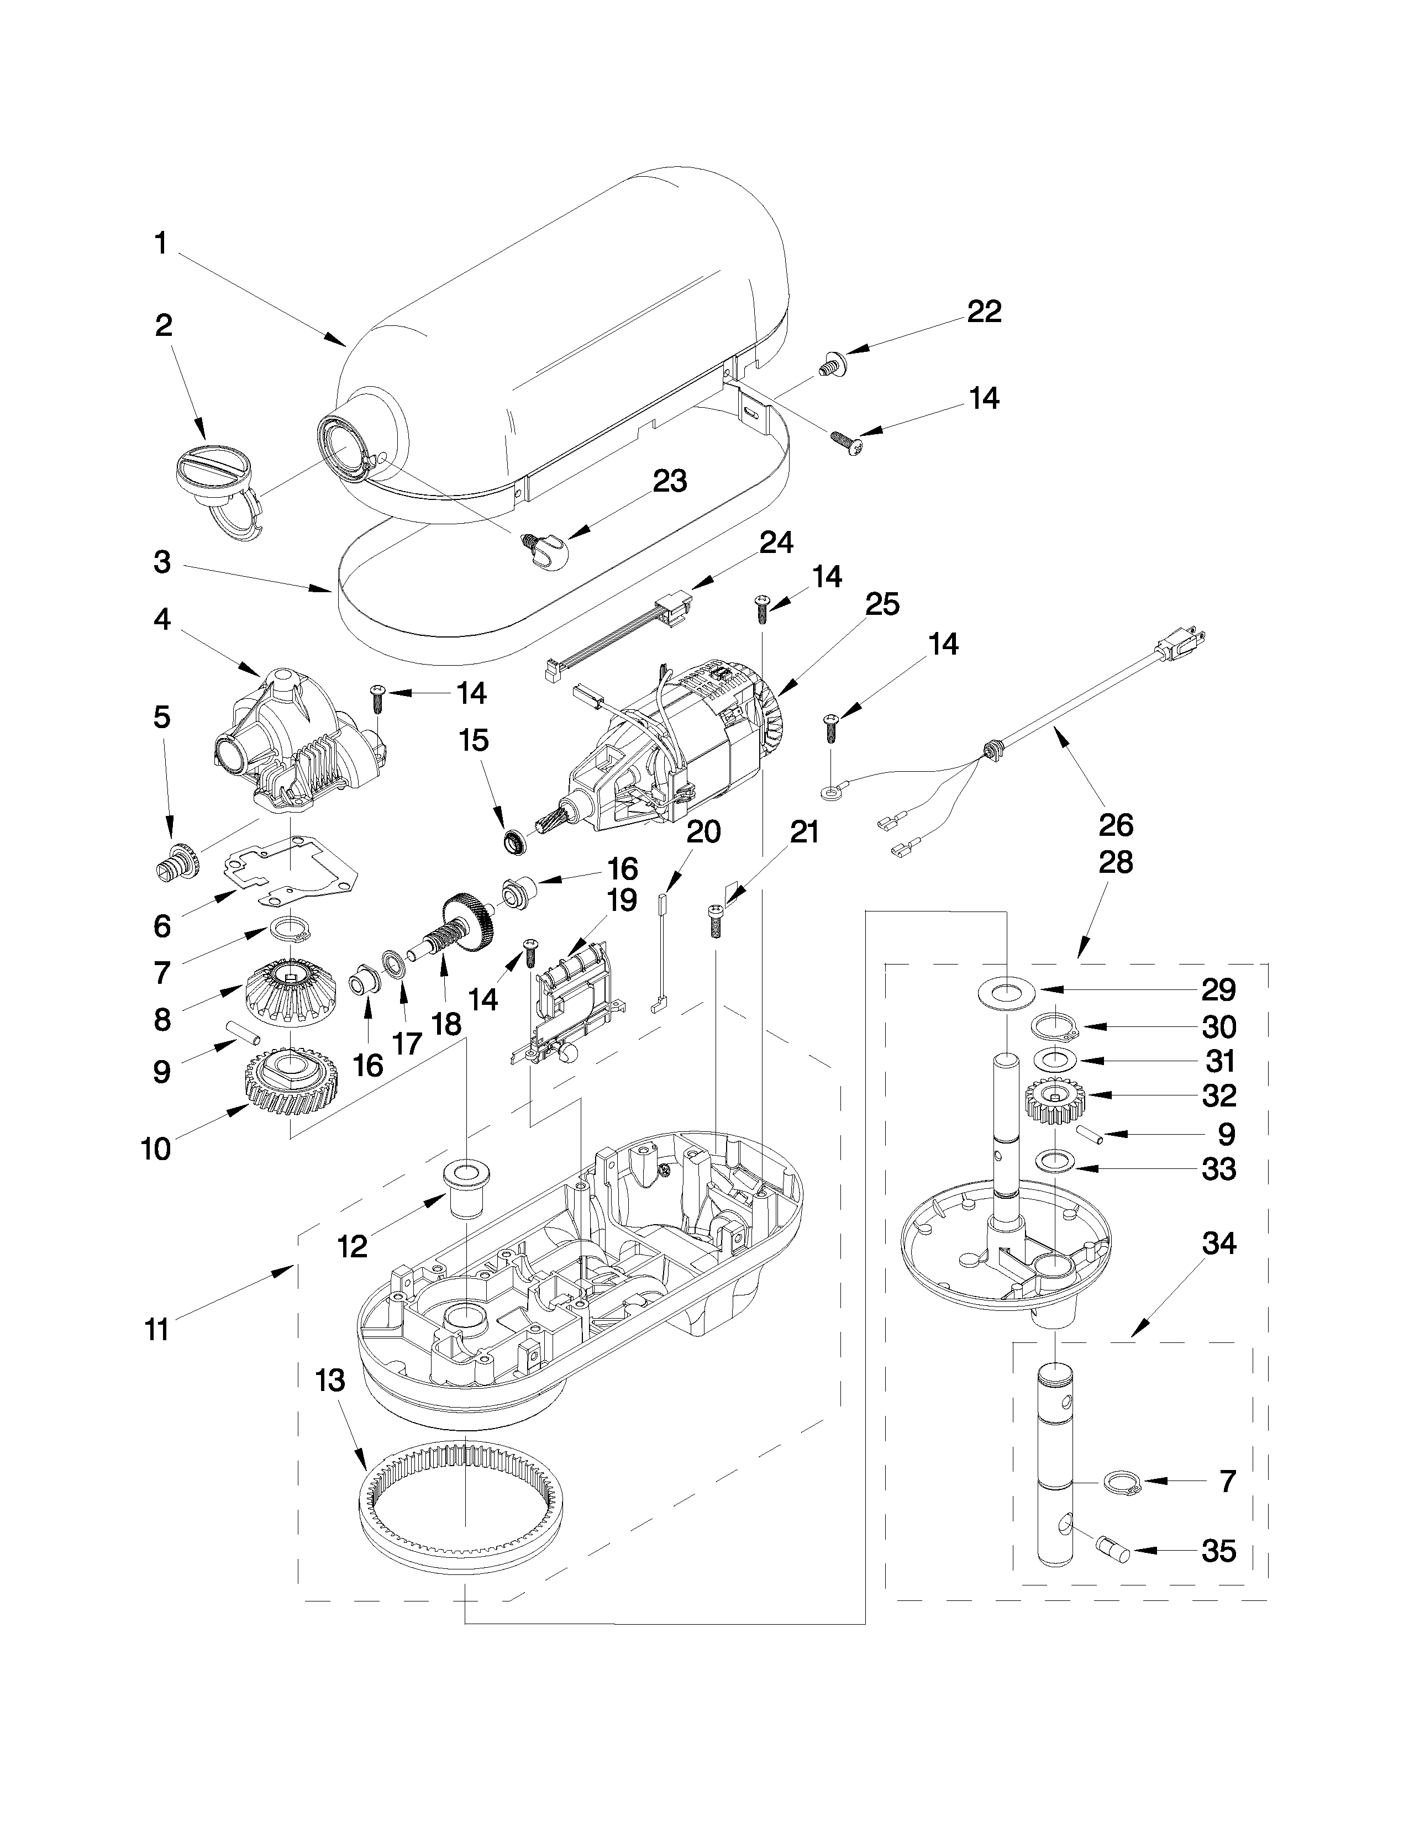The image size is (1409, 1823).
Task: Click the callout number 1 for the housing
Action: point(161,244)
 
